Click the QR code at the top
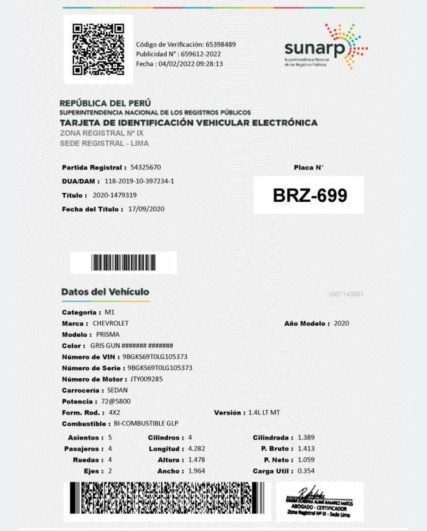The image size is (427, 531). click(98, 49)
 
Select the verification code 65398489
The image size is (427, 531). click(220, 44)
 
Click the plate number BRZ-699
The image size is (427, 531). click(310, 196)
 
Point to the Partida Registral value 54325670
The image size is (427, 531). click(146, 168)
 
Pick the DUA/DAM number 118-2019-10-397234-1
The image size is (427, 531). click(139, 181)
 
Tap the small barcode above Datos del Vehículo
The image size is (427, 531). click(123, 263)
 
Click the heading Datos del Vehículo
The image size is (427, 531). click(105, 292)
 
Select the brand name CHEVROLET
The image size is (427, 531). click(111, 323)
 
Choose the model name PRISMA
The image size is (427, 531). click(108, 335)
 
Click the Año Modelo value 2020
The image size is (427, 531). click(342, 323)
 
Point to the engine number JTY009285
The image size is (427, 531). click(146, 379)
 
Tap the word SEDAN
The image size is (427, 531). click(118, 390)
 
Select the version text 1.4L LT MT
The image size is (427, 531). click(265, 413)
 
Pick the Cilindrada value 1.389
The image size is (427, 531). click(306, 438)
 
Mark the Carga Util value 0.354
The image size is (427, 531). click(306, 471)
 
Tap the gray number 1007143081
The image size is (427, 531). click(346, 294)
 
